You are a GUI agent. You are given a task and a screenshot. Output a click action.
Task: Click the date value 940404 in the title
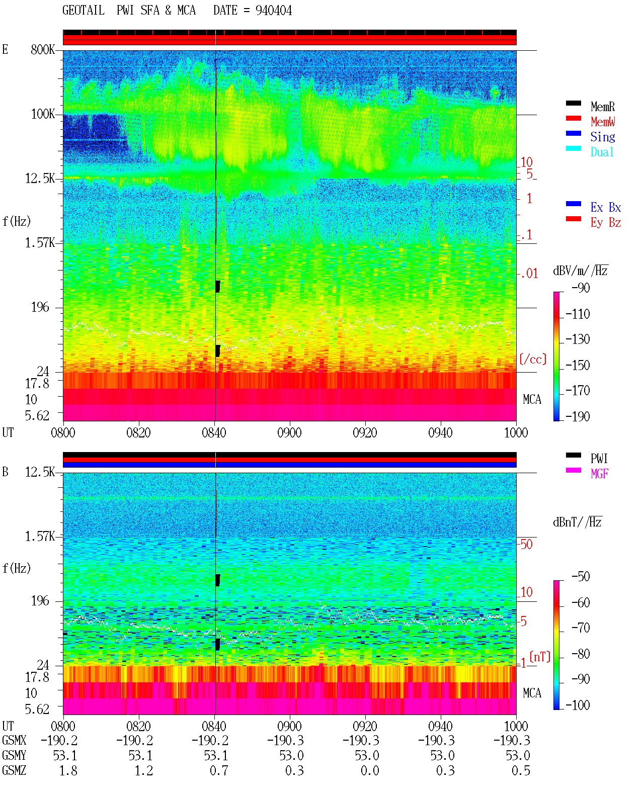pyautogui.click(x=273, y=11)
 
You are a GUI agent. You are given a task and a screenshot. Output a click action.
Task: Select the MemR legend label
pyautogui.click(x=602, y=107)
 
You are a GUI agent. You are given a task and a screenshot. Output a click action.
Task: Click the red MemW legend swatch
pyautogui.click(x=573, y=118)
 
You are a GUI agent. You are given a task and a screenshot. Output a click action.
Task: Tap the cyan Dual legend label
pyautogui.click(x=602, y=152)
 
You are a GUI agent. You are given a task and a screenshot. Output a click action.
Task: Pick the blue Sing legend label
pyautogui.click(x=602, y=137)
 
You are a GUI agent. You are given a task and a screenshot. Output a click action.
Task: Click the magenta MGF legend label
pyautogui.click(x=599, y=474)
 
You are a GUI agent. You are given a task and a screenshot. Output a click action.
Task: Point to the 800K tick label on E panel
pyautogui.click(x=43, y=49)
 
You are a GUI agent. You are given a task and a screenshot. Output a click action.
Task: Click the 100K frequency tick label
pyautogui.click(x=43, y=114)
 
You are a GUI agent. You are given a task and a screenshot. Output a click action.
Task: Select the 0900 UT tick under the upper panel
pyautogui.click(x=289, y=432)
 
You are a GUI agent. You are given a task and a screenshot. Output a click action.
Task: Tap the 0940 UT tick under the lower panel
pyautogui.click(x=440, y=726)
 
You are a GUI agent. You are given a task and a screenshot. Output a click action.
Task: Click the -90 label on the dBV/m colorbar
pyautogui.click(x=581, y=288)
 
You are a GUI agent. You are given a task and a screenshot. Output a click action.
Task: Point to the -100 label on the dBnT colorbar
pyautogui.click(x=578, y=705)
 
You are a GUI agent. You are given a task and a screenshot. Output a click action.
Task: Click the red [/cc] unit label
pyautogui.click(x=533, y=359)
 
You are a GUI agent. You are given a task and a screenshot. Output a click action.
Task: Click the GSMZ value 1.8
pyautogui.click(x=68, y=770)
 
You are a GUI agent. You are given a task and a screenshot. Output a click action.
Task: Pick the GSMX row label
pyautogui.click(x=14, y=740)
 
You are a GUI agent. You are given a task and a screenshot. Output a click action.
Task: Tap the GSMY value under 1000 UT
pyautogui.click(x=518, y=756)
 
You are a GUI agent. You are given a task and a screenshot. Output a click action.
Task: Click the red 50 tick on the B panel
pyautogui.click(x=526, y=544)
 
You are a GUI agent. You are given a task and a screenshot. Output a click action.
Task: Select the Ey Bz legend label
pyautogui.click(x=606, y=222)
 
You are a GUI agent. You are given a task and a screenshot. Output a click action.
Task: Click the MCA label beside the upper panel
pyautogui.click(x=532, y=399)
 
